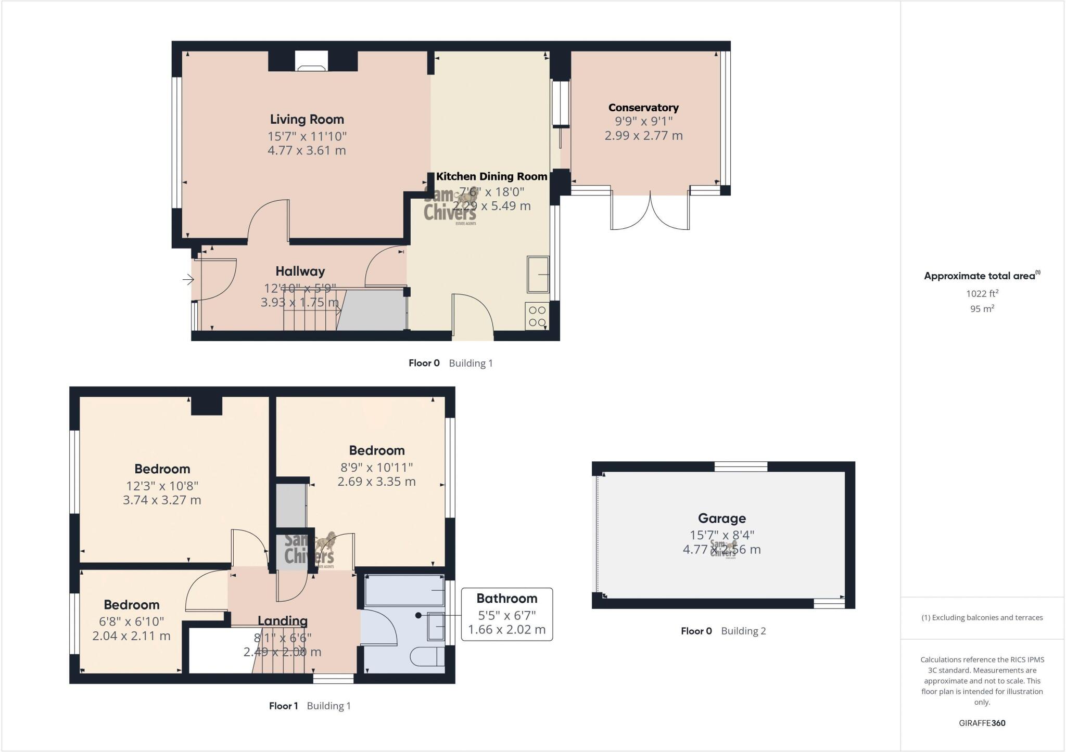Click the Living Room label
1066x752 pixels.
tap(307, 119)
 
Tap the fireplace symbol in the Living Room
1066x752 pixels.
tap(311, 61)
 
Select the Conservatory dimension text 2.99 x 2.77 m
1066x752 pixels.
tap(643, 136)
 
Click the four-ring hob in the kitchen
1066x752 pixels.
tap(537, 316)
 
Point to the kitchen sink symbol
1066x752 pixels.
tap(538, 274)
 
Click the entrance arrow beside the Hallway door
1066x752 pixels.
tap(188, 280)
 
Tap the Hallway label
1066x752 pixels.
tap(300, 271)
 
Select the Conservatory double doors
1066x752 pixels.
tap(650, 211)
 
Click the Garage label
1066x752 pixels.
tap(721, 518)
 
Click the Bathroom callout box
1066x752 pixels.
tap(506, 614)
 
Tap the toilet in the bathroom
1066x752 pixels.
tap(427, 657)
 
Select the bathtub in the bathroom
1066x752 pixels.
tap(404, 590)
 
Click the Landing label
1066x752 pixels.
tap(283, 620)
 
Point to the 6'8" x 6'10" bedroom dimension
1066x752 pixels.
tap(132, 621)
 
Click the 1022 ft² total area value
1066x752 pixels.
tap(982, 293)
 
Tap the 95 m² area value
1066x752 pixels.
tap(982, 308)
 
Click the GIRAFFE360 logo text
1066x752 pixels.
tap(982, 723)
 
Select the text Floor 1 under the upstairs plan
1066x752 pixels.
tap(283, 706)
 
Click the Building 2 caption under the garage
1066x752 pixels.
tap(743, 631)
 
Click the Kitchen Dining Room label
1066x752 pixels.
tap(491, 176)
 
